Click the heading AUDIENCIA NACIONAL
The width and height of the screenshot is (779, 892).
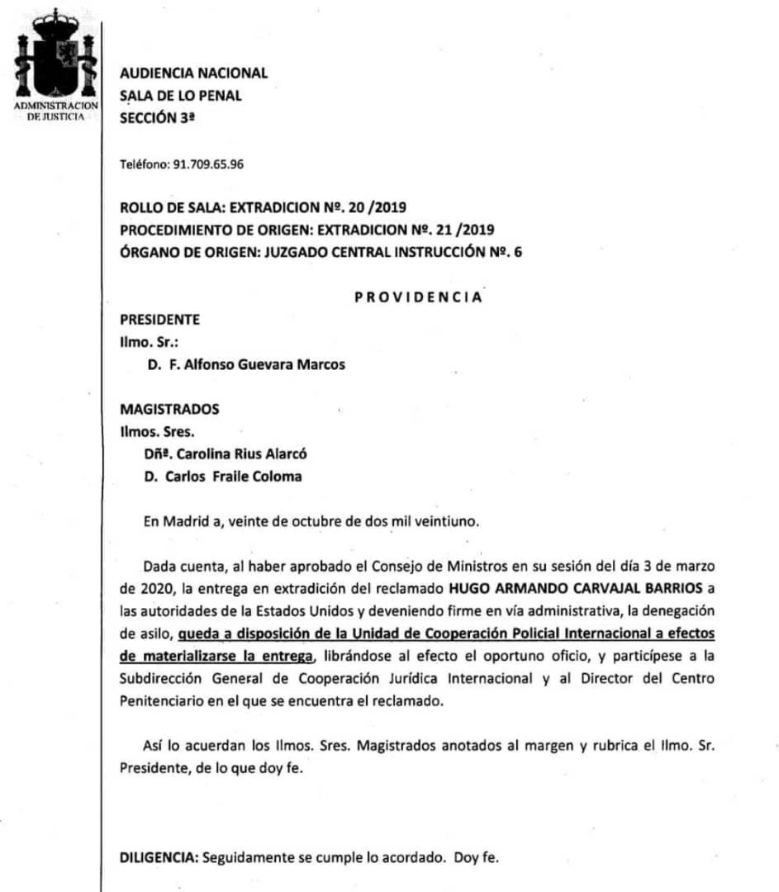[x=193, y=73]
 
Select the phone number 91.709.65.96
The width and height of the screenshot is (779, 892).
[x=207, y=164]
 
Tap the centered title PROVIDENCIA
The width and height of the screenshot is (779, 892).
[x=418, y=298]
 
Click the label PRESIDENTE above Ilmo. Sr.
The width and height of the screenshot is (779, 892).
[x=159, y=320]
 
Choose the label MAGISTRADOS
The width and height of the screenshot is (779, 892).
[x=169, y=409]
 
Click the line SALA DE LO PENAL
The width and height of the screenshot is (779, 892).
[x=181, y=95]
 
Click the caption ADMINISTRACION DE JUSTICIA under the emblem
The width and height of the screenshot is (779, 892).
[x=55, y=112]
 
